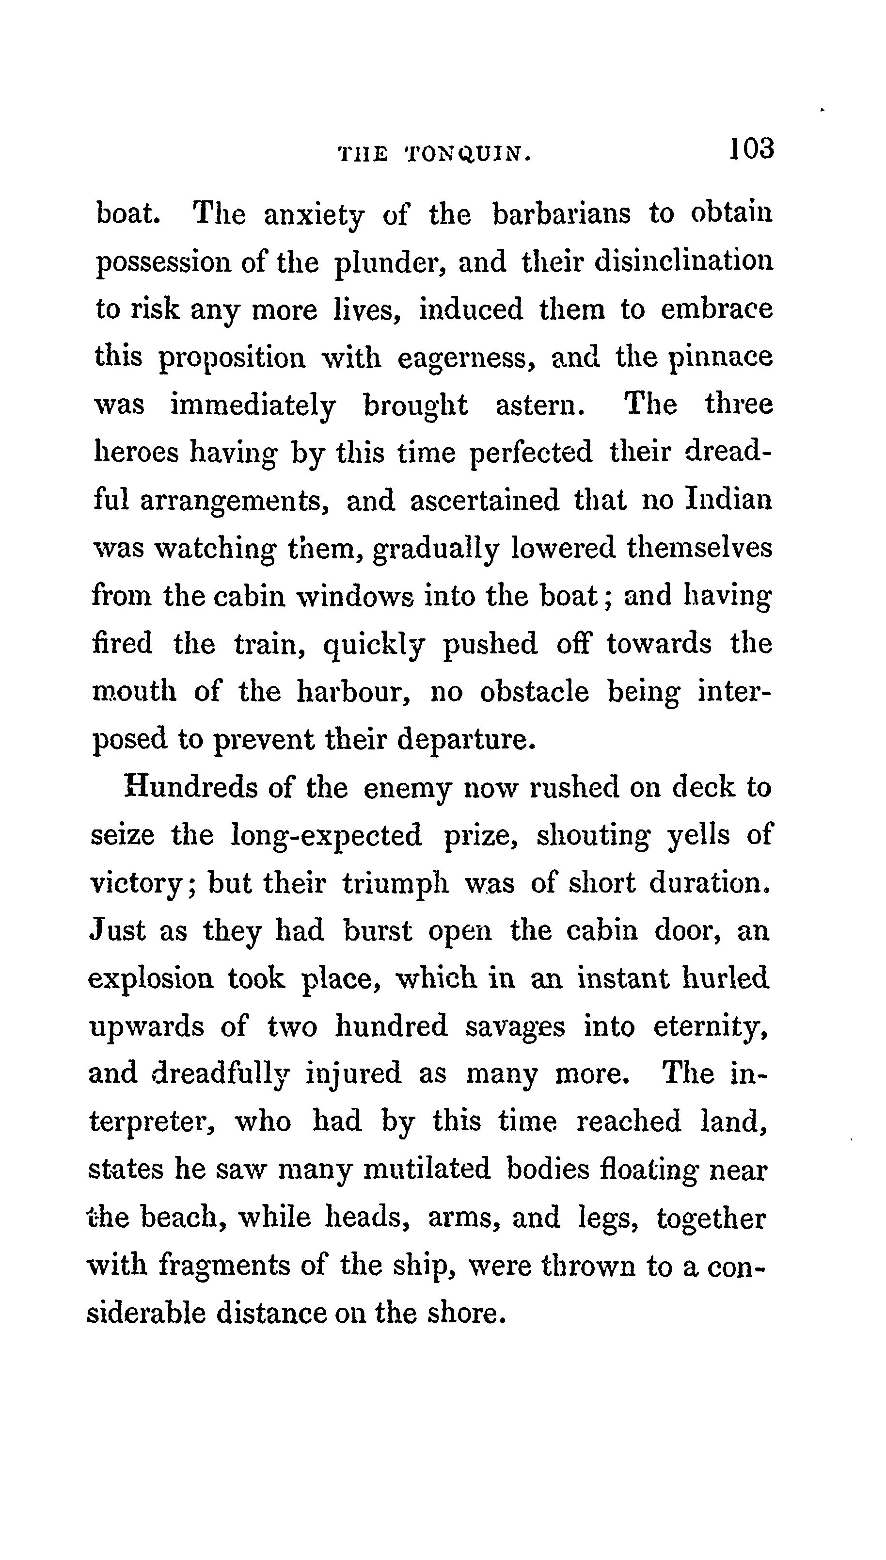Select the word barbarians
pyautogui.click(x=561, y=214)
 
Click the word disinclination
pyautogui.click(x=684, y=262)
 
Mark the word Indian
pyautogui.click(x=728, y=500)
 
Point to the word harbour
pyautogui.click(x=353, y=692)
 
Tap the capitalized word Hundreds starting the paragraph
pyautogui.click(x=191, y=787)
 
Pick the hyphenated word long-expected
pyautogui.click(x=326, y=835)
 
